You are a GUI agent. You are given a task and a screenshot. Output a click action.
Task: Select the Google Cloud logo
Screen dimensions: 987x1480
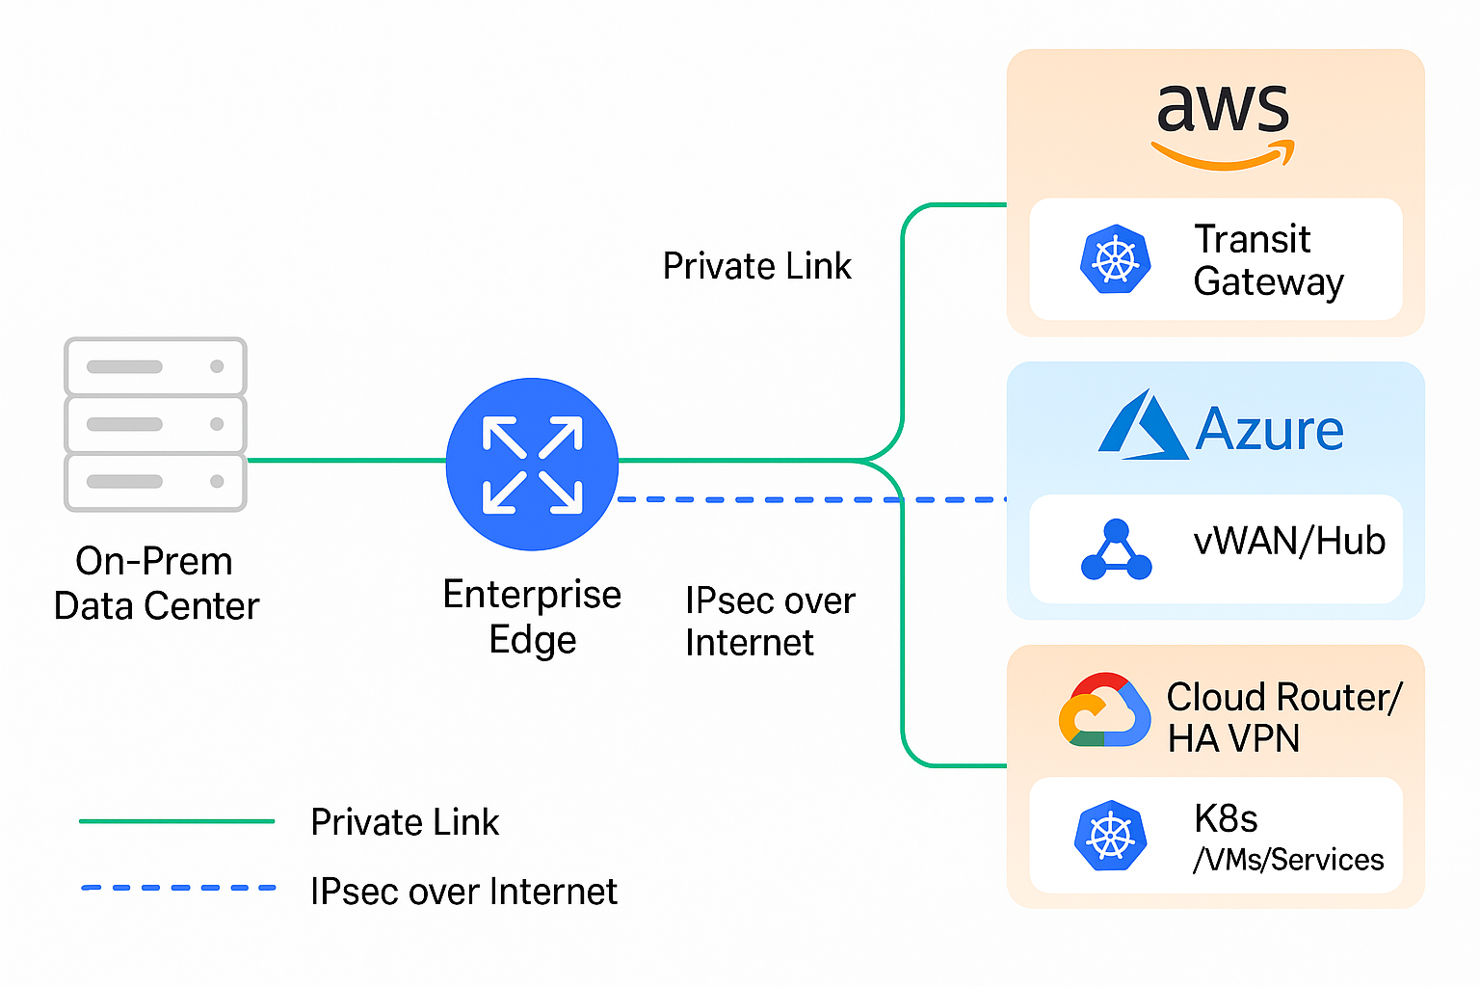1104,711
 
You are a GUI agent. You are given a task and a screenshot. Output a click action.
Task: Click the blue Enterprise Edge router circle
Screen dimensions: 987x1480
532,464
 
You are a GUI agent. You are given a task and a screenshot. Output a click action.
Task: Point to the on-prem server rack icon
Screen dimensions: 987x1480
155,424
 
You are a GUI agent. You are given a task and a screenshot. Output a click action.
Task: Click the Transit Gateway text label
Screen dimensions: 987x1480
1268,260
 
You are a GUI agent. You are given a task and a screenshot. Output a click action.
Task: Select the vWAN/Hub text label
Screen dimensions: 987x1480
1289,542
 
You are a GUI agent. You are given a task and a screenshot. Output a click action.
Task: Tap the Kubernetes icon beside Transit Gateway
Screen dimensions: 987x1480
1116,259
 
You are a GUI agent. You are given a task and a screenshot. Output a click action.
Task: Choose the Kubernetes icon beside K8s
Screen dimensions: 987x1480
1110,835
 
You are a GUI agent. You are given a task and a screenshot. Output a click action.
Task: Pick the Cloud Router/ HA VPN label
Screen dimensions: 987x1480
1283,717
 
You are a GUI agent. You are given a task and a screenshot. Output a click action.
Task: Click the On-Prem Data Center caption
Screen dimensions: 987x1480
156,583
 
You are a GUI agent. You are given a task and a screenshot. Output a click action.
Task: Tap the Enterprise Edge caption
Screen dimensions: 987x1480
532,617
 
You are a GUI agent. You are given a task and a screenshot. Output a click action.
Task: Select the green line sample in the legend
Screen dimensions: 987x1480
177,821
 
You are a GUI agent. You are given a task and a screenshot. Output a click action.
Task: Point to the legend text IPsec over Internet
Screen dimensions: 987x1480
463,892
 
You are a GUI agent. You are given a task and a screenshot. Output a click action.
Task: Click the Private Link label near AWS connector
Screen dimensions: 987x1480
756,266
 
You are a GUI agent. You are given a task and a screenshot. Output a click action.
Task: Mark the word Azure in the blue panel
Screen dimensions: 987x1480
1269,430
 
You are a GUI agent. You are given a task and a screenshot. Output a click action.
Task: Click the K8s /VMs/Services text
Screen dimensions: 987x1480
1287,838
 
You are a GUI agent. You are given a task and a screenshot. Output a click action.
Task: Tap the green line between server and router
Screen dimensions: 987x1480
347,461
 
